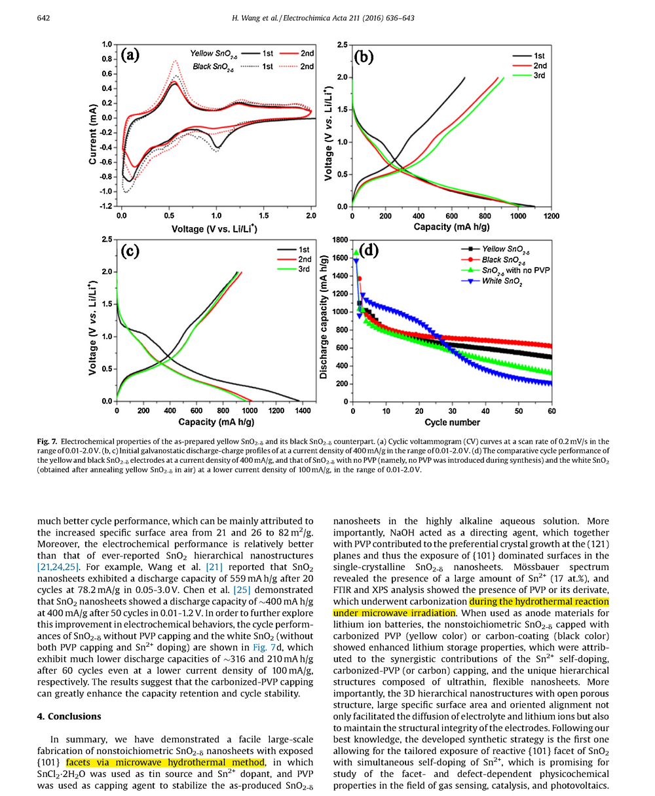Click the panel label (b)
[x=364, y=57]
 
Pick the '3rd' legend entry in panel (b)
[x=539, y=75]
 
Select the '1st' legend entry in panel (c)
[x=303, y=249]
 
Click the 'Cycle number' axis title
[x=452, y=422]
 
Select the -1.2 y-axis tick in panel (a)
[x=105, y=206]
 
